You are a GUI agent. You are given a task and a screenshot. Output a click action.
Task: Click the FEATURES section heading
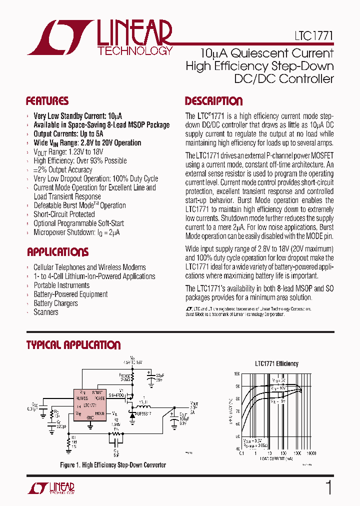(x=47, y=101)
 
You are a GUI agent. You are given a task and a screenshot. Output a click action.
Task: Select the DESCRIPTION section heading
(x=213, y=101)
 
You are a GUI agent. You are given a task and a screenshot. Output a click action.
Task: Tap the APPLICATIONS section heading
(x=57, y=252)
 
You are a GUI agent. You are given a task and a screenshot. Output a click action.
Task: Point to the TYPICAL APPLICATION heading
(x=73, y=345)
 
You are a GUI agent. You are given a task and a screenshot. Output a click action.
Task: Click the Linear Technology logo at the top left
(x=100, y=37)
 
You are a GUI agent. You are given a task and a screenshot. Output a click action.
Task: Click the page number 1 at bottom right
(x=328, y=487)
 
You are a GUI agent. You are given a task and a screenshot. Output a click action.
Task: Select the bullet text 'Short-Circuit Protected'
(x=64, y=214)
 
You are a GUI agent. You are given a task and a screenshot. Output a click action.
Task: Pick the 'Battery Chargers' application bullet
(x=55, y=303)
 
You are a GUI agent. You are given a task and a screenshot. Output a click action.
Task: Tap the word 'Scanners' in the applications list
(x=46, y=312)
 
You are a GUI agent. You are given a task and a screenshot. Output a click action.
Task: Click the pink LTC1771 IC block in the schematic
(x=90, y=405)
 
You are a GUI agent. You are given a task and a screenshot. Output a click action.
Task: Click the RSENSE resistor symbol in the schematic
(x=133, y=378)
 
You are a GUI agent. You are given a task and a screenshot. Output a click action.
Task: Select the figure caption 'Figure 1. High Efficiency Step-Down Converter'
(x=112, y=465)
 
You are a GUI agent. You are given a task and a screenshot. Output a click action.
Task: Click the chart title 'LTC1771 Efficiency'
(x=276, y=363)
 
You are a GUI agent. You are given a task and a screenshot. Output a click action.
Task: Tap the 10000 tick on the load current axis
(x=310, y=453)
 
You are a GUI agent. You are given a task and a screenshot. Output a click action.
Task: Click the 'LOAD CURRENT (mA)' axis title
(x=276, y=458)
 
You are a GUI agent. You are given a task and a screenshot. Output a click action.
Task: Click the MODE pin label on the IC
(x=99, y=413)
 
